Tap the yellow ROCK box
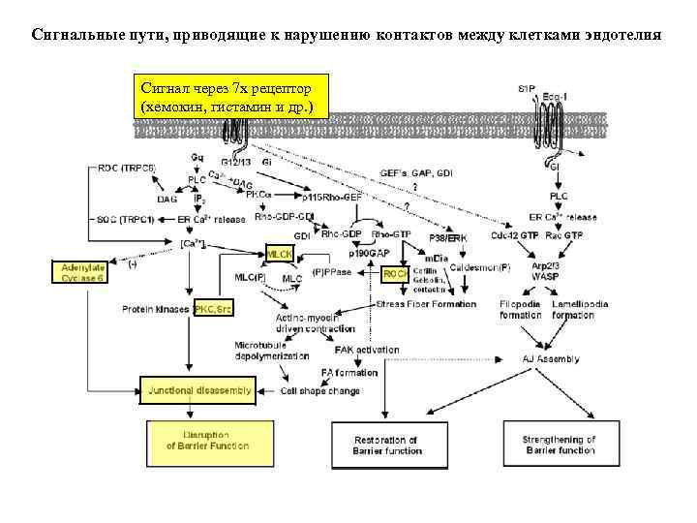[x=395, y=274]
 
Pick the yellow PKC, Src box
[x=213, y=308]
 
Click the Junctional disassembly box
[x=198, y=391]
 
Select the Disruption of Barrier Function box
[x=206, y=441]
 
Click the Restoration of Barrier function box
[x=387, y=445]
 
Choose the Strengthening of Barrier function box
[x=560, y=445]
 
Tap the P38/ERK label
[x=448, y=235]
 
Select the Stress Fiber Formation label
[x=427, y=304]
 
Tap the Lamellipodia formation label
[x=579, y=310]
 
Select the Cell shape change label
[x=320, y=391]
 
